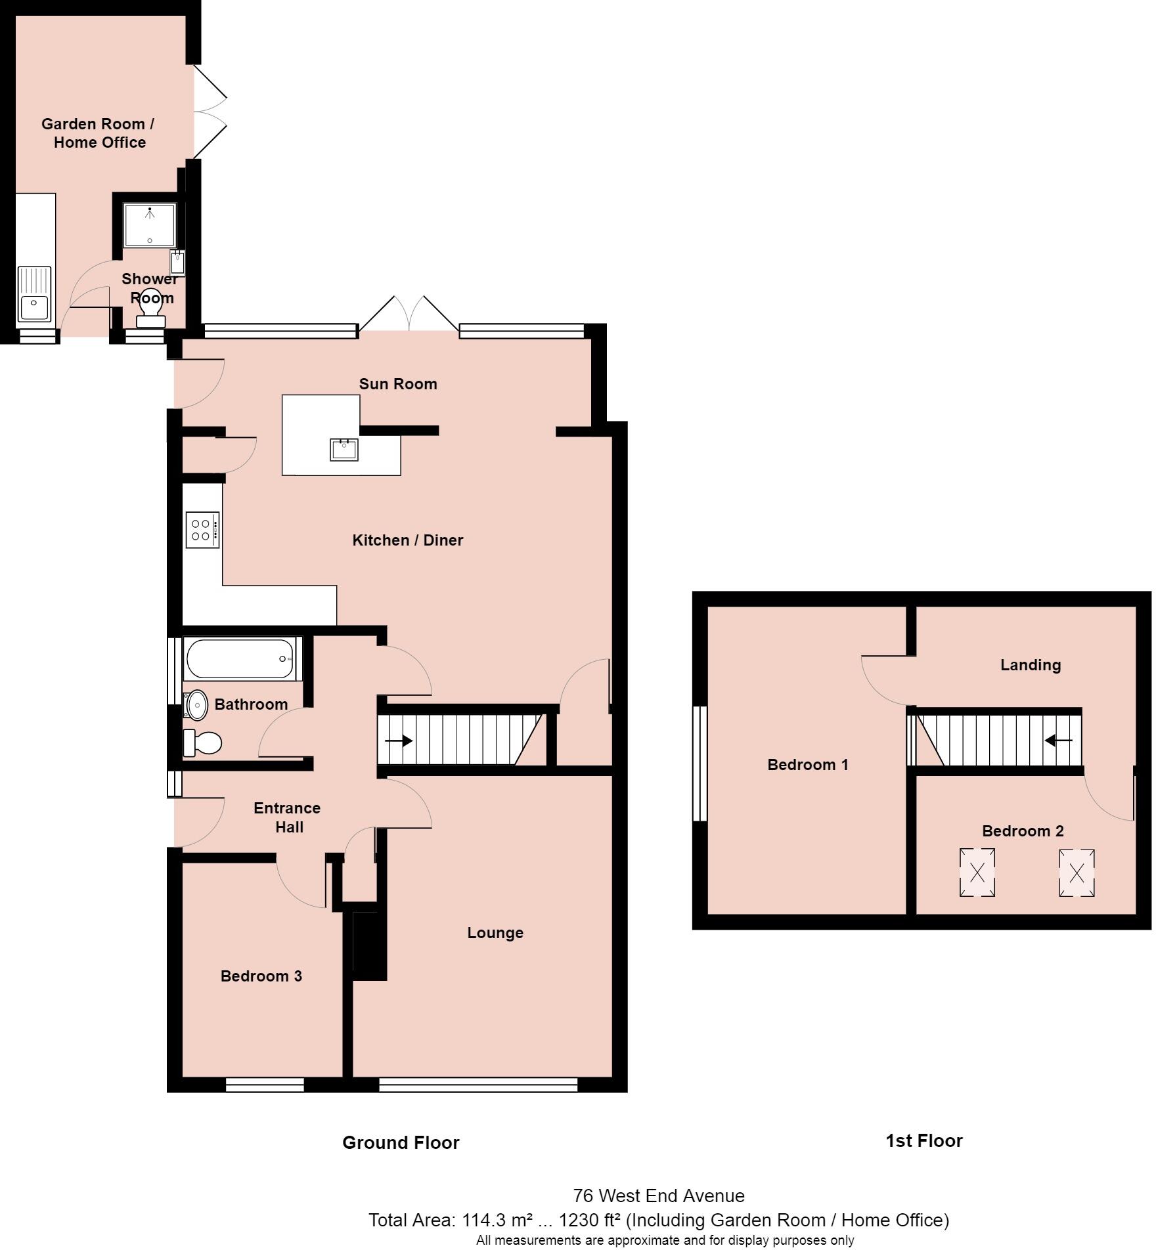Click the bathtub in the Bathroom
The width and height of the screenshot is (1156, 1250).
tap(242, 658)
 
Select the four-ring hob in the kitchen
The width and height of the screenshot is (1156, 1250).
tap(202, 530)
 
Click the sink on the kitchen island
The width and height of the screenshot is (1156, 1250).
tap(344, 450)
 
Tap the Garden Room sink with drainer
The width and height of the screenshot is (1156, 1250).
tap(34, 293)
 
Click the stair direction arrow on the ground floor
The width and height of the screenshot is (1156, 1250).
tap(398, 741)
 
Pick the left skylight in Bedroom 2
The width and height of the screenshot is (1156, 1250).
tap(977, 873)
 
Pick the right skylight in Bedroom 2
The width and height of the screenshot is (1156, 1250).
tap(1077, 873)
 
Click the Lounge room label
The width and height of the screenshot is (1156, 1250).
tap(495, 933)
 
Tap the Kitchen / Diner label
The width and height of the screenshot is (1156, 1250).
tap(407, 540)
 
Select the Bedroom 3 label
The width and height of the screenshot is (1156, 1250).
tap(261, 976)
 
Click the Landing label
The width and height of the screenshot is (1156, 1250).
tap(1030, 665)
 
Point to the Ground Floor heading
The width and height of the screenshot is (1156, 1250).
tap(401, 1143)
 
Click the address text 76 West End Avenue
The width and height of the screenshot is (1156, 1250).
tap(658, 1196)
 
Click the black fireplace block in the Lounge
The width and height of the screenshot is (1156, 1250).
tap(369, 945)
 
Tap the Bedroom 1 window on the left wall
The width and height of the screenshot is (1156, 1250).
tap(700, 764)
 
